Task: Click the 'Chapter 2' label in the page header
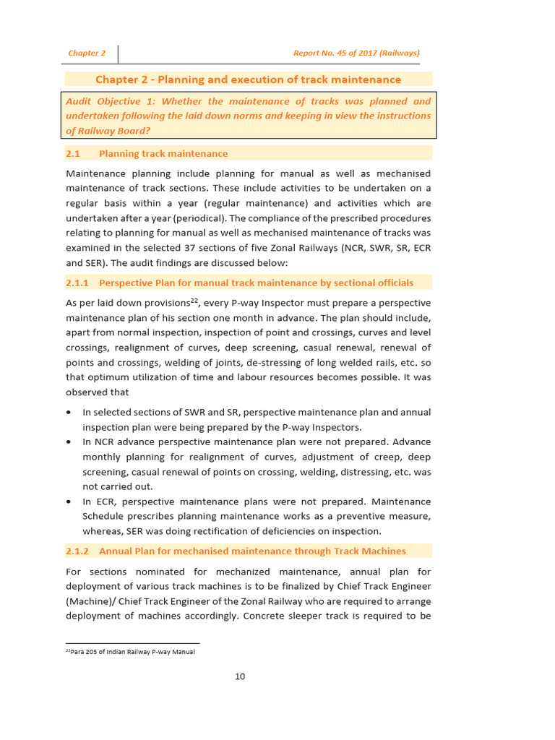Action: point(87,53)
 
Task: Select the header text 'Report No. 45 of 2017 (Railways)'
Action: point(356,53)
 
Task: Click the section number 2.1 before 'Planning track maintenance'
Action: point(72,153)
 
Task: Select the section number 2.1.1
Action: point(77,283)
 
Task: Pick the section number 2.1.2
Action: point(77,551)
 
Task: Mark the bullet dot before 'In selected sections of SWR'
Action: point(69,413)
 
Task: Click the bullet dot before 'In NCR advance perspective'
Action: point(69,442)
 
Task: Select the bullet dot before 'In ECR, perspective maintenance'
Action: point(69,502)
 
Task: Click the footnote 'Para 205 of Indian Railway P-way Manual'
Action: point(132,651)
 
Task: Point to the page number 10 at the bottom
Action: point(240,676)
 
